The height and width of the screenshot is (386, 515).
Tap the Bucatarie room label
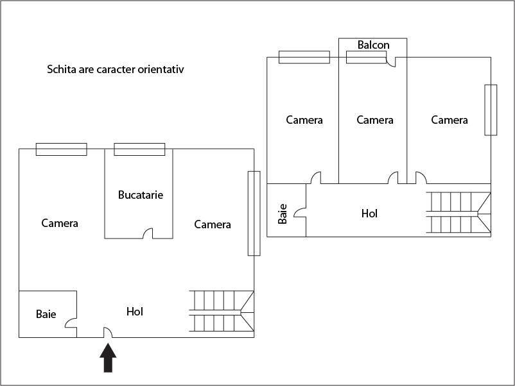[141, 194]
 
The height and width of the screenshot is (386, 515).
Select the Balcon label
[373, 45]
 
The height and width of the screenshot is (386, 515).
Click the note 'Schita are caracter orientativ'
[116, 69]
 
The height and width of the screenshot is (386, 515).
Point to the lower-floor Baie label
[46, 314]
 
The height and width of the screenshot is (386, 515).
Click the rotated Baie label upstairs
[283, 214]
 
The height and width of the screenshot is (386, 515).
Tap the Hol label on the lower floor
[135, 312]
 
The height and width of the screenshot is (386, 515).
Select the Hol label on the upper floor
[369, 214]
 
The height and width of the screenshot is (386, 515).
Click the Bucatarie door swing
[148, 233]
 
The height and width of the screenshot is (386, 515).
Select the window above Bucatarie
[139, 149]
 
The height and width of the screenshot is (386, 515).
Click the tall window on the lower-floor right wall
[254, 214]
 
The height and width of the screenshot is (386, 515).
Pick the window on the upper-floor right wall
[491, 110]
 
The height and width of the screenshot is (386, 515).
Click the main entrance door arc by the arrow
[108, 333]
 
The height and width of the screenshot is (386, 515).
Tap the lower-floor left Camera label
[60, 223]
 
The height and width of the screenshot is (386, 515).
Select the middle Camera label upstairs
[375, 120]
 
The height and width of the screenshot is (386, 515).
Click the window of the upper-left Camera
[304, 57]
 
